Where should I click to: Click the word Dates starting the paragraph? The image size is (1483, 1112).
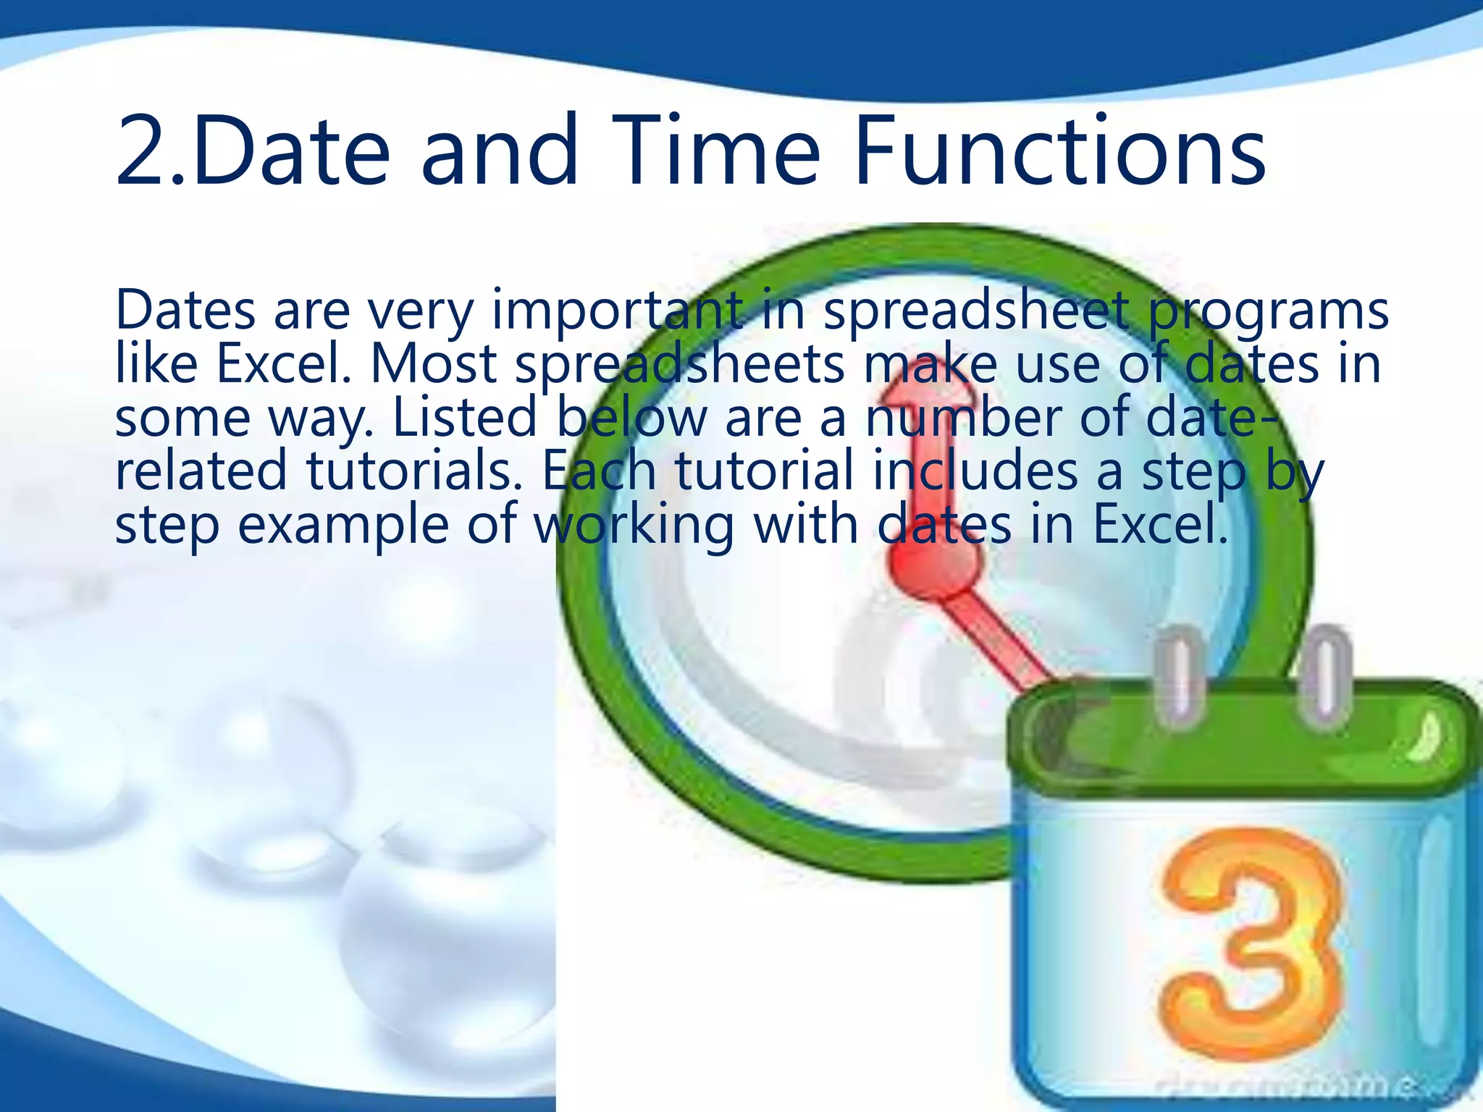[x=185, y=310]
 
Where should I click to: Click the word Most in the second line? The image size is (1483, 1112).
[x=433, y=363]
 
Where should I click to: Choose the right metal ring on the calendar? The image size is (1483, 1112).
[x=1327, y=677]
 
